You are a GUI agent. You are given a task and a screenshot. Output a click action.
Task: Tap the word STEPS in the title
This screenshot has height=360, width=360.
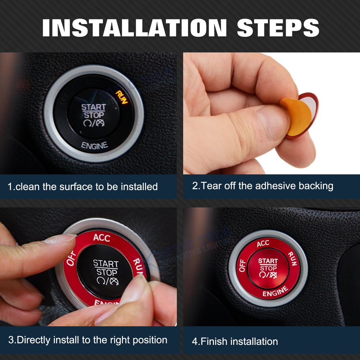(x=278, y=28)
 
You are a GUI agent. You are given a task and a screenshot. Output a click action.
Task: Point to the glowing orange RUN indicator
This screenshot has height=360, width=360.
(x=121, y=96)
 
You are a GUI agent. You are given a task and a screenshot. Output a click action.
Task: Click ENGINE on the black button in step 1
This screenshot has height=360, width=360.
(x=94, y=146)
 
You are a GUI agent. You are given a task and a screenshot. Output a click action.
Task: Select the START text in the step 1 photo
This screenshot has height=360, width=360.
(x=94, y=107)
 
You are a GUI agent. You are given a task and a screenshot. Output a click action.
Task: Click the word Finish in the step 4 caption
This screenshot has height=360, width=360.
(x=215, y=341)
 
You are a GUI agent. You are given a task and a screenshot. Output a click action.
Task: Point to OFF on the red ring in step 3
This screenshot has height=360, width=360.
(x=71, y=259)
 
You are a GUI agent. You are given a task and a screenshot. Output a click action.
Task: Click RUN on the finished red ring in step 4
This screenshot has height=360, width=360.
(x=292, y=259)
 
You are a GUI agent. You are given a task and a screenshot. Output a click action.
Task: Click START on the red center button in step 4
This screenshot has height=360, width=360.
(x=268, y=261)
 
